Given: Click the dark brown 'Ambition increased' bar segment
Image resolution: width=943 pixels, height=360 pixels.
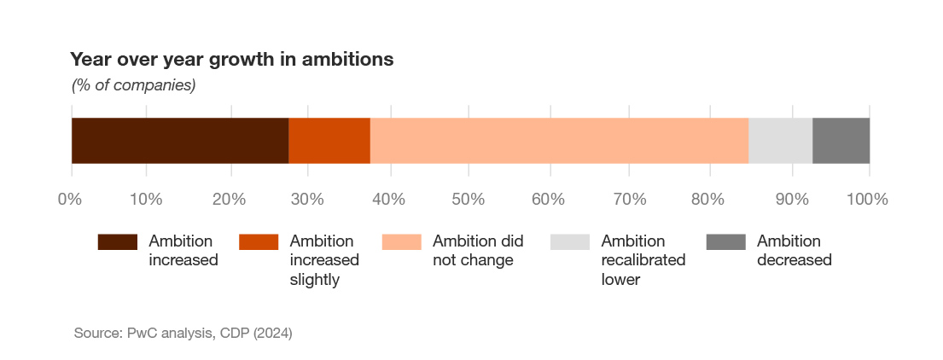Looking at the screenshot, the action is [180, 141].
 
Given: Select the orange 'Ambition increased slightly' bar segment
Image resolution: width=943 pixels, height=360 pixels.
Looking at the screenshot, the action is [329, 141].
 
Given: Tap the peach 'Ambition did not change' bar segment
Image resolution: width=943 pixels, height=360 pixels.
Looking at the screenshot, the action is [559, 141].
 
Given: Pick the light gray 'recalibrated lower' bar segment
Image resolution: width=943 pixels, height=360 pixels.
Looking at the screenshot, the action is [781, 141].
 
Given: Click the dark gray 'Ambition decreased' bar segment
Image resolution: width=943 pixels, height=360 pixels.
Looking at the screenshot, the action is [841, 141].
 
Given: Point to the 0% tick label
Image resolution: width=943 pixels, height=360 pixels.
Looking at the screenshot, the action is [69, 200].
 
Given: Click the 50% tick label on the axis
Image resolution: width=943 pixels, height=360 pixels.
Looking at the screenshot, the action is [468, 200].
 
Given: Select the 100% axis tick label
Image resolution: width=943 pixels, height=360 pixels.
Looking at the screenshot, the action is [867, 200].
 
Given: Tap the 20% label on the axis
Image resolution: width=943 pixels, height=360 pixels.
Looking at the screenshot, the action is [229, 200].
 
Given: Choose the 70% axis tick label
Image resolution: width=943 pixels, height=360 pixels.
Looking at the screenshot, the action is [628, 200].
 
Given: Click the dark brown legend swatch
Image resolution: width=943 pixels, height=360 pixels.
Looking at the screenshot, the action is [118, 241].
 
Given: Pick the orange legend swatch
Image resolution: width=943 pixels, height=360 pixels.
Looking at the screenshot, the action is [259, 241].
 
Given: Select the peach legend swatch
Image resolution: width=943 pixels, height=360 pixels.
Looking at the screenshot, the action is [402, 241].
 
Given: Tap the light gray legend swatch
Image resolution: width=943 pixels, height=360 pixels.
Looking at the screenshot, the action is [570, 241].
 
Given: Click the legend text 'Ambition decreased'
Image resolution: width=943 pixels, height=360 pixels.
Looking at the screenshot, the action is [794, 251].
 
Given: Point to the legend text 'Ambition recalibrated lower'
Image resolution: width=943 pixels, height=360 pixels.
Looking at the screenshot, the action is [643, 260].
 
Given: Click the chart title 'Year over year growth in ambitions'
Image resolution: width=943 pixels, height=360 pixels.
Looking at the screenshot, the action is [232, 60].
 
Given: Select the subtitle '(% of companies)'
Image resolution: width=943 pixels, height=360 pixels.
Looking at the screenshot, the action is [133, 86].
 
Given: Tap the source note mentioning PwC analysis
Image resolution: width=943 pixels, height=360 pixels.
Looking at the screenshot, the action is [183, 333].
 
